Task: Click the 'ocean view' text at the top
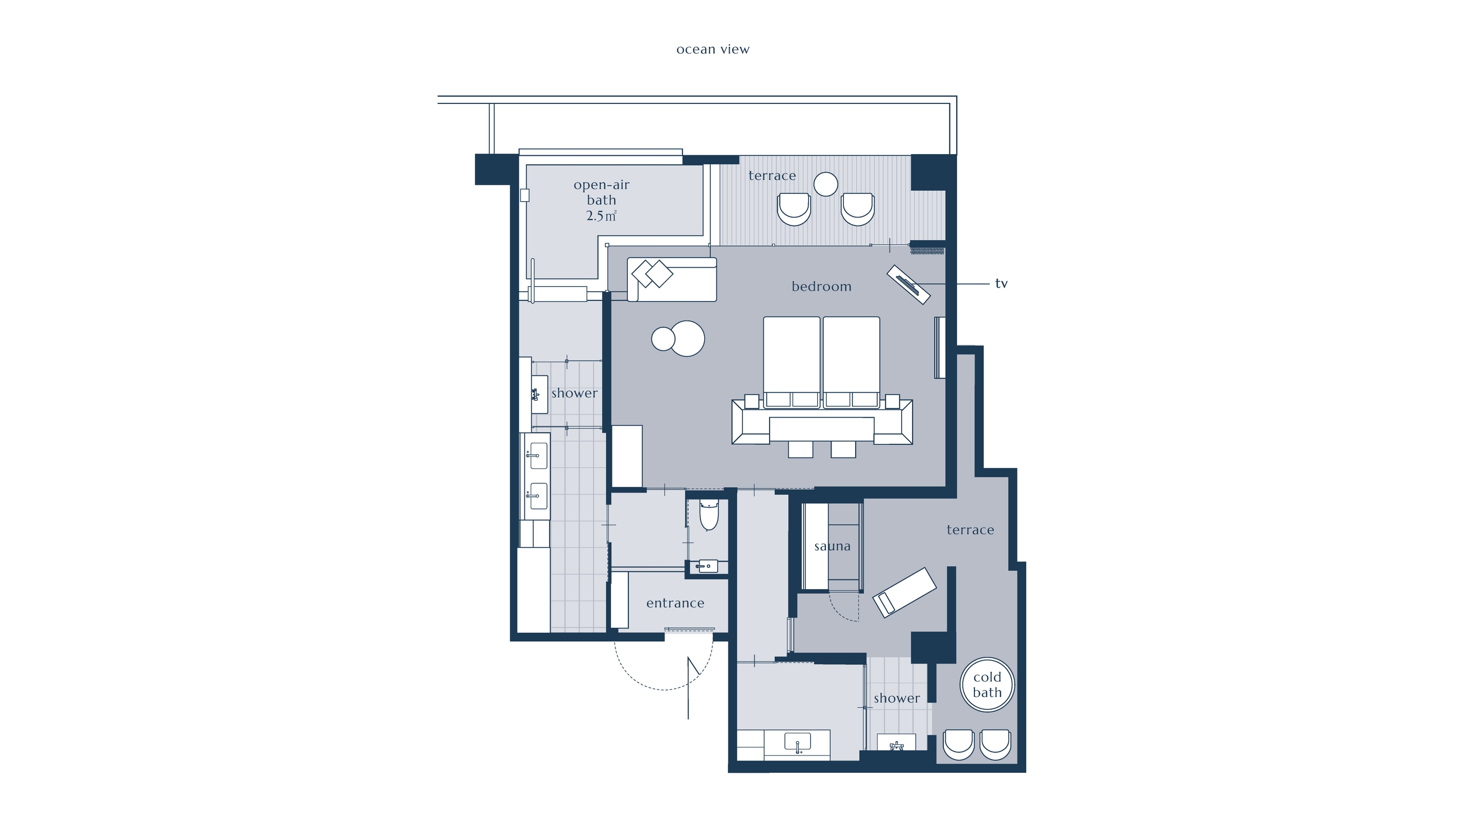pos(713,50)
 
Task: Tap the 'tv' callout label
pos(1002,284)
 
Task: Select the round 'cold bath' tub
pos(987,684)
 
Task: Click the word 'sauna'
pos(833,547)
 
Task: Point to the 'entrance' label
pos(675,603)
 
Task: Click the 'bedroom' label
pos(822,286)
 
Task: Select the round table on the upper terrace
pos(826,184)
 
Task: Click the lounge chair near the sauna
pos(904,592)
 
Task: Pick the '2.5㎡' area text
pos(601,216)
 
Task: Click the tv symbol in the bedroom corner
pos(909,285)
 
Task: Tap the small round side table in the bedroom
pos(663,339)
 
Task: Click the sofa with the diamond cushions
pos(672,279)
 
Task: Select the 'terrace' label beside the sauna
pos(970,530)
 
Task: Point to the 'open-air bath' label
pos(601,192)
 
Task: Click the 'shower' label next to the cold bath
pos(897,698)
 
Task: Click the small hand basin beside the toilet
pos(708,566)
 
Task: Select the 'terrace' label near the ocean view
pos(772,176)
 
